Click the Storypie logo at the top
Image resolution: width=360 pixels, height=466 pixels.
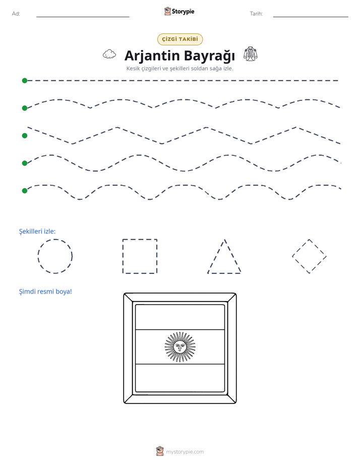[x=179, y=11]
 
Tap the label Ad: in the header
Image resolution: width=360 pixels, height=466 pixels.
[x=16, y=14]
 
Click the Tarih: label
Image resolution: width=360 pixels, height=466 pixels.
[x=256, y=14]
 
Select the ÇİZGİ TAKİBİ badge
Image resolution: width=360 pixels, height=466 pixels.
[x=180, y=39]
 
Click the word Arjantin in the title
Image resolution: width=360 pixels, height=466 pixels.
[x=152, y=56]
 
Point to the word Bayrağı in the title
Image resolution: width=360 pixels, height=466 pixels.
[x=209, y=56]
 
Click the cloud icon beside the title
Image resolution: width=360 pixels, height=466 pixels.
[x=109, y=54]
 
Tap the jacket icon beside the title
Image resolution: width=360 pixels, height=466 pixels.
[x=251, y=54]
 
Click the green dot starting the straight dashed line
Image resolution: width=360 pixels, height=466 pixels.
[x=25, y=81]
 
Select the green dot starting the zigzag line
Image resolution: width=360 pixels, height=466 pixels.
[x=25, y=136]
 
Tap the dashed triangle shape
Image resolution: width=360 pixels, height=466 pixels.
[x=216, y=257]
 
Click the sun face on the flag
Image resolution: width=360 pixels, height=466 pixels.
[x=180, y=347]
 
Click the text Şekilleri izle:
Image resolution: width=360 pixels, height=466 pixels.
[x=37, y=231]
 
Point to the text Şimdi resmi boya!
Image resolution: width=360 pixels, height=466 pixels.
[x=45, y=292]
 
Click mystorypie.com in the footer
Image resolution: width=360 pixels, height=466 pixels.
[x=185, y=452]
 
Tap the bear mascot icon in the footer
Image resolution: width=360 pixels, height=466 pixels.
[x=160, y=451]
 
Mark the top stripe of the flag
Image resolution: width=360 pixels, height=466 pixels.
[x=180, y=317]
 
